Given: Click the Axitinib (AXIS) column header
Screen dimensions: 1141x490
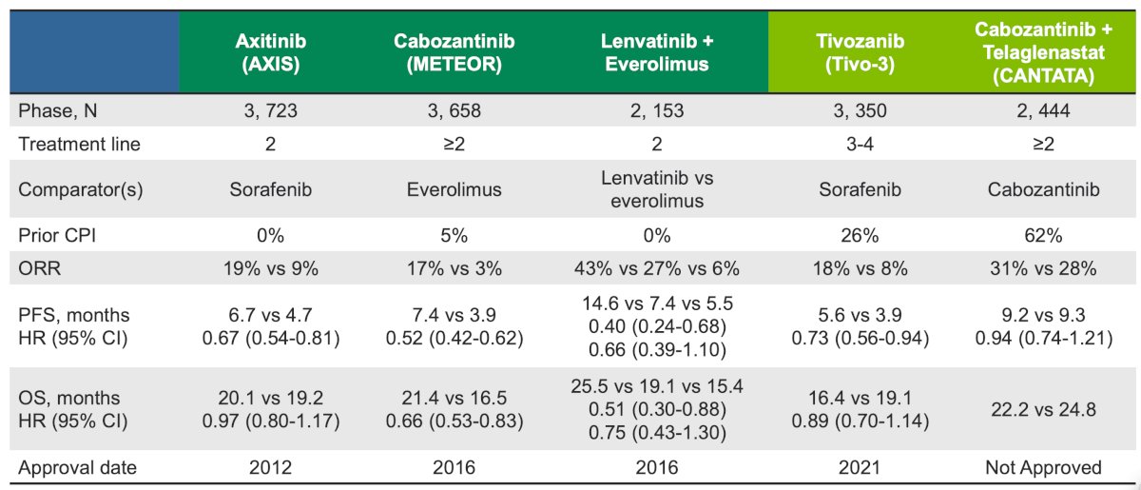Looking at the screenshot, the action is (x=270, y=52).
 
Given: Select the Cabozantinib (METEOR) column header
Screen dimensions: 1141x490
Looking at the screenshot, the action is (x=454, y=52).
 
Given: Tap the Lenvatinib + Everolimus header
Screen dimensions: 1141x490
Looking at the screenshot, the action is (x=657, y=52).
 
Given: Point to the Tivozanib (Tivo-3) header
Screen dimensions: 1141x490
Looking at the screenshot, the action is (x=860, y=52).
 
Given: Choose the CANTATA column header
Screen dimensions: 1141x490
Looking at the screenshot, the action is (x=1043, y=52).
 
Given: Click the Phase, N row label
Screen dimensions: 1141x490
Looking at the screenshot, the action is (x=58, y=110).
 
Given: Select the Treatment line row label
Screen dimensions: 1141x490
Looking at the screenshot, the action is (x=79, y=144).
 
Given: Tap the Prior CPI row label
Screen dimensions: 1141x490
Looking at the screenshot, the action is (x=57, y=235).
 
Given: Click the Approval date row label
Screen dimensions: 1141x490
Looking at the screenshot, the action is (x=77, y=467).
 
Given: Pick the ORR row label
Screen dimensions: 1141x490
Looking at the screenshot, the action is (x=39, y=268).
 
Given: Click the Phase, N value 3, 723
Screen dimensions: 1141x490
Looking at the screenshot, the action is (x=270, y=110).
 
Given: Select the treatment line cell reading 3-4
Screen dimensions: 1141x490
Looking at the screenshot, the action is (x=860, y=144).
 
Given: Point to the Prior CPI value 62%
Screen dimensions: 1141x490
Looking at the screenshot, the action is (x=1043, y=235).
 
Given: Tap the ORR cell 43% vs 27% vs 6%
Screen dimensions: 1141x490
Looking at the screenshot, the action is (x=657, y=268).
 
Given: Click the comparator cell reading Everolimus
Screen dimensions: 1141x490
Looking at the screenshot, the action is (x=454, y=189).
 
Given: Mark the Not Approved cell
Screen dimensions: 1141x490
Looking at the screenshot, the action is (x=1043, y=467).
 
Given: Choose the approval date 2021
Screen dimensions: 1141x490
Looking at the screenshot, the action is (x=860, y=467).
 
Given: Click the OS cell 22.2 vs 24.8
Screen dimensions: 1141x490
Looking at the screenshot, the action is (x=1043, y=409).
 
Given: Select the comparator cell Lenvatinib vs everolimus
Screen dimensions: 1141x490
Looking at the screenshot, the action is (x=657, y=189).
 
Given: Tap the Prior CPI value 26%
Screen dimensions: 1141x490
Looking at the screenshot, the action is (x=860, y=235).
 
